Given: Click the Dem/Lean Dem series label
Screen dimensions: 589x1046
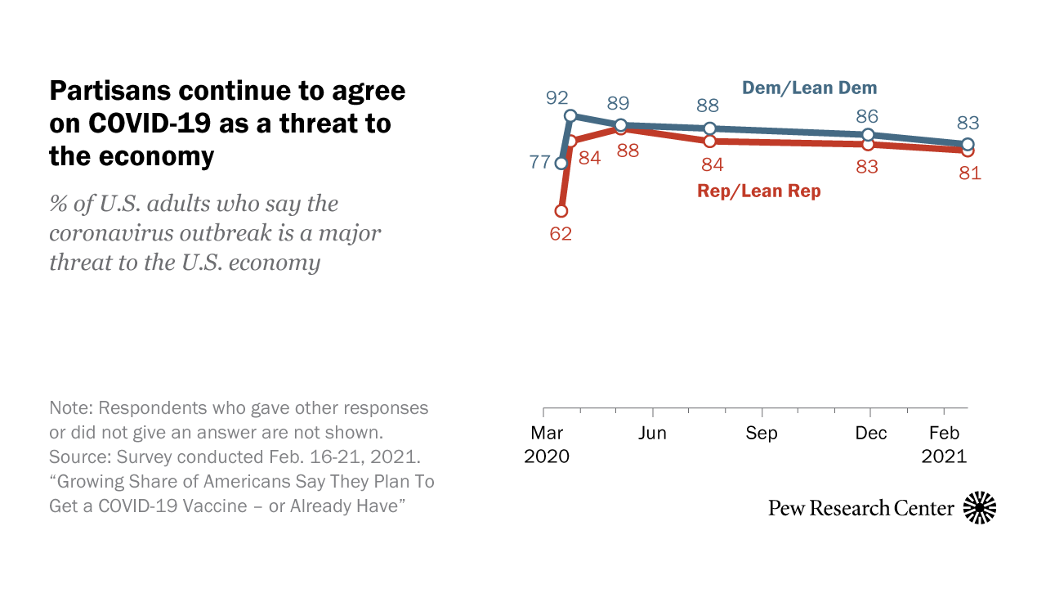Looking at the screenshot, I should tap(809, 88).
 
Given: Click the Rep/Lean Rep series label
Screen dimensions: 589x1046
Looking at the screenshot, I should tap(758, 191).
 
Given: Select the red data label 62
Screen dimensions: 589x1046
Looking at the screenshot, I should tap(561, 233).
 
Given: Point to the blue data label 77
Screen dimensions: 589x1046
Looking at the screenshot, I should tap(539, 162).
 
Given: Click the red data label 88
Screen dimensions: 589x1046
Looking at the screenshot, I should tap(627, 151).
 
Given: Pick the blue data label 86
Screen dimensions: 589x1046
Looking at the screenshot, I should tap(868, 116).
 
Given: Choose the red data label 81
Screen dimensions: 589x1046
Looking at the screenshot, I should tap(969, 173).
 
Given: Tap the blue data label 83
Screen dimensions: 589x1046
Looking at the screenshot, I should tap(968, 124).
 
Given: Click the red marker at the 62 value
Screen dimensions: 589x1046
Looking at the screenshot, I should tap(561, 211).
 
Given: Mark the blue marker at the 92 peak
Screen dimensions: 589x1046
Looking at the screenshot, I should tap(570, 117).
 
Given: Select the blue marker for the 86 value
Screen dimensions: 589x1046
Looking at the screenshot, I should tap(869, 135).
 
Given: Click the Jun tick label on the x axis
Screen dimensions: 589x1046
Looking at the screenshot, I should tap(652, 434).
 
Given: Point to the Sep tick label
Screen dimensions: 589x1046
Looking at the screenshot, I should tap(762, 434).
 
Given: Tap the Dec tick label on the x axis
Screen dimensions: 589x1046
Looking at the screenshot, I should tap(870, 434).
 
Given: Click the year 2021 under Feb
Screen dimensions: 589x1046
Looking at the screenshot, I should tap(944, 456).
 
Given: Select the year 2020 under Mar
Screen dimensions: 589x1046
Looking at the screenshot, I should tap(546, 456).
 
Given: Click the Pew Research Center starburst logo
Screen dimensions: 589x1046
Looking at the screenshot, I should tap(980, 508).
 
